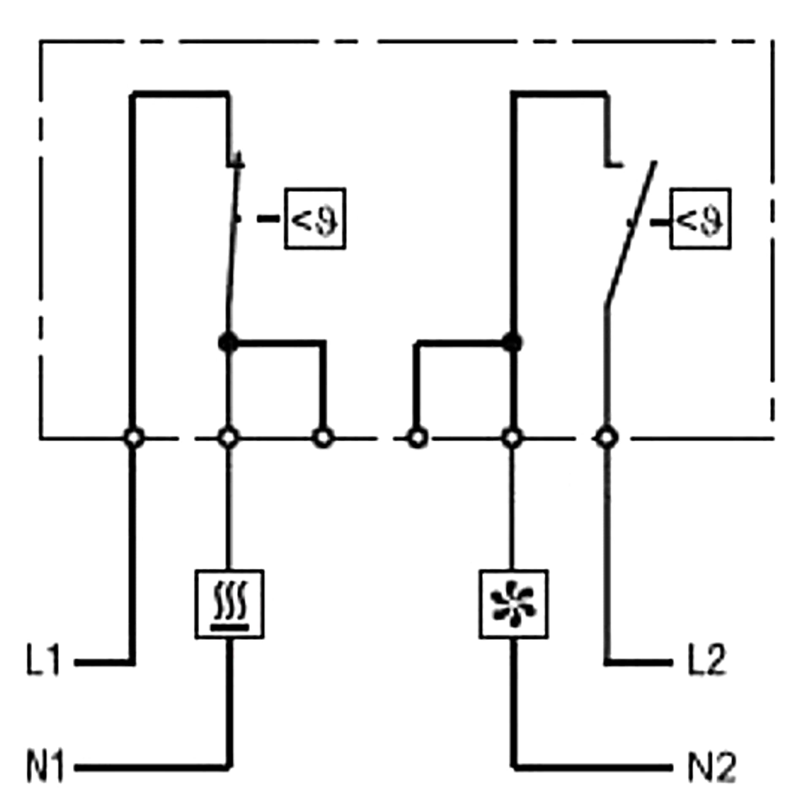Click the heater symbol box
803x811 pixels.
[x=229, y=604]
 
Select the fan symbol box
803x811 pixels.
[x=513, y=604]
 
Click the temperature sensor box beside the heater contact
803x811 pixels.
[x=315, y=218]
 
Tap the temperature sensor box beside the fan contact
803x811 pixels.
[x=700, y=218]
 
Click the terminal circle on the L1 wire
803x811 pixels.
[x=134, y=438]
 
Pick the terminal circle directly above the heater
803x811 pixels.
[x=228, y=438]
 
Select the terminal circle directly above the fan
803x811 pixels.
[x=512, y=438]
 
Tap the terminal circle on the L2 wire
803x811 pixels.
[x=607, y=438]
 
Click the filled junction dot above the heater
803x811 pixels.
[x=228, y=342]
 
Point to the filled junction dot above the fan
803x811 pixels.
[x=512, y=342]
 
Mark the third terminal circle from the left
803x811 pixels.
[x=323, y=438]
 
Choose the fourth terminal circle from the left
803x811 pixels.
[x=418, y=438]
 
